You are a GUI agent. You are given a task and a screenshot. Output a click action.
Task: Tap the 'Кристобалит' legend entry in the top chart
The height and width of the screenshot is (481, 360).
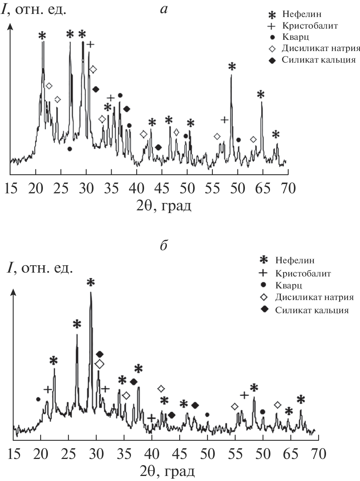[x=311, y=26]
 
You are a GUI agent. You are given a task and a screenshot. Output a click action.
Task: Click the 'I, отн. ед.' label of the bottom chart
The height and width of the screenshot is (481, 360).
[x=39, y=268]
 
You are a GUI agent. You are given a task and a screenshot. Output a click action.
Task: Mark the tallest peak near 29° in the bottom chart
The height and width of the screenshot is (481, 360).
[x=91, y=293]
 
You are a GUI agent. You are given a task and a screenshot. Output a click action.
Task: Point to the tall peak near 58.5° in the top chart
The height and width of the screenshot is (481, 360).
[x=231, y=75]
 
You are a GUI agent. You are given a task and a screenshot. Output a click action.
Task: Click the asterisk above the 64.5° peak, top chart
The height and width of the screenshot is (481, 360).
[x=261, y=94]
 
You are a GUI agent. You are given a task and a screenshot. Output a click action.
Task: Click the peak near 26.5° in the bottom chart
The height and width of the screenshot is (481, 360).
[x=77, y=335]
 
